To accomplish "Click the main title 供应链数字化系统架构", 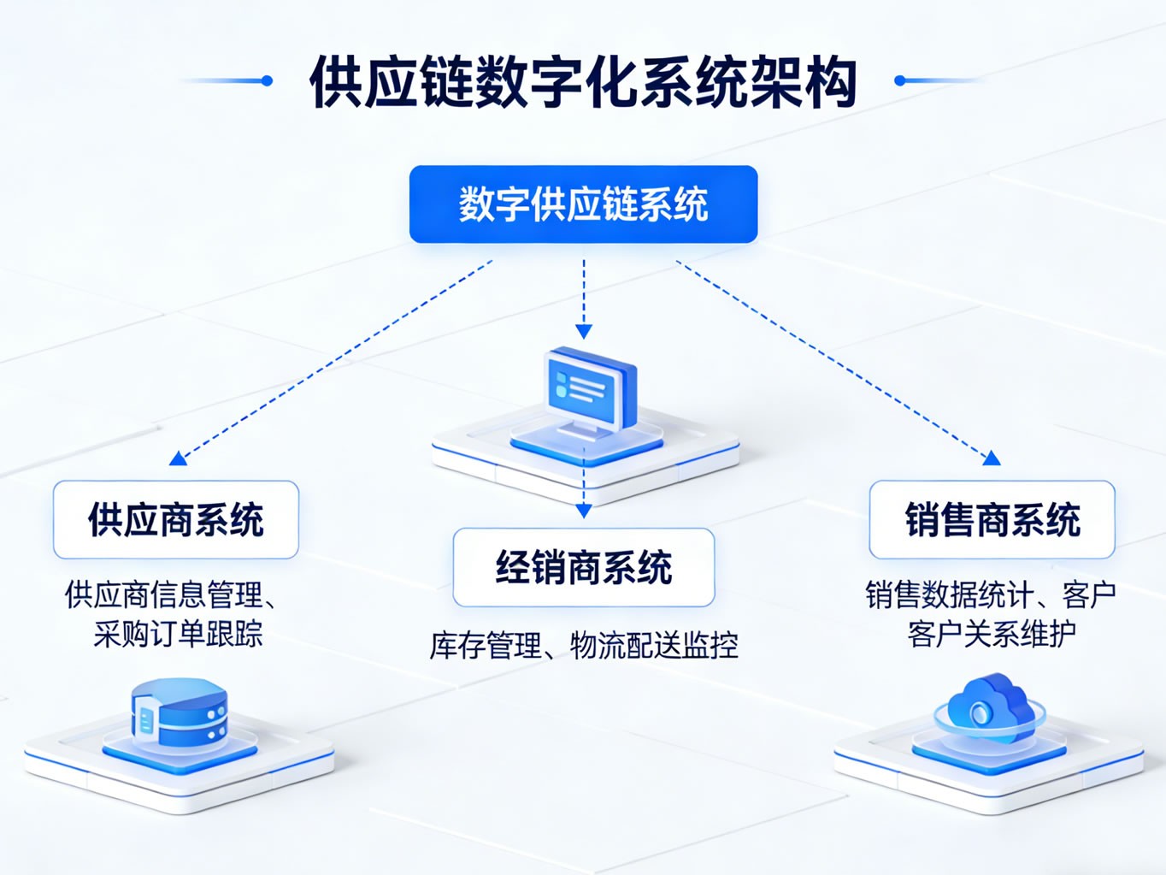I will (x=583, y=82).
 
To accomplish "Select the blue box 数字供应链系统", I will (x=583, y=204).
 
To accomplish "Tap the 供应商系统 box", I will (x=176, y=520).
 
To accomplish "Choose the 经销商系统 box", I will (x=583, y=567).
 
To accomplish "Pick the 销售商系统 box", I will (x=992, y=520).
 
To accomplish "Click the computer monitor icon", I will (x=590, y=391).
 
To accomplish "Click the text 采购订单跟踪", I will (x=178, y=634).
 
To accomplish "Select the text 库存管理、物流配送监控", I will (x=583, y=645).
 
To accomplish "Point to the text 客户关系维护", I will (x=992, y=634).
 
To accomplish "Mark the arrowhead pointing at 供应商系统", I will (x=178, y=459).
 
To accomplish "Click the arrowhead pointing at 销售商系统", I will (x=992, y=458).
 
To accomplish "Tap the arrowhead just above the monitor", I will (x=584, y=331).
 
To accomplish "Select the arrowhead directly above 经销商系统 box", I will (x=584, y=511).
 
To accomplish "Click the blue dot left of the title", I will (x=267, y=80).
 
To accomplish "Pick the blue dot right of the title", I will (x=899, y=80).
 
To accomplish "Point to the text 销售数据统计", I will (x=949, y=594).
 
